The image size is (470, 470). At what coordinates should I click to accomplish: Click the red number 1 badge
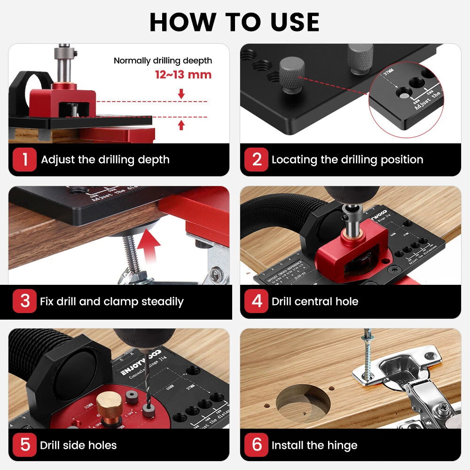pos(24,160)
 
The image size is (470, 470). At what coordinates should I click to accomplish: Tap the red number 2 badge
pos(257,160)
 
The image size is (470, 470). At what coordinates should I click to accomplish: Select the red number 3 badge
pos(24,301)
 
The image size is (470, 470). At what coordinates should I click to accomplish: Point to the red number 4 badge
pos(257,301)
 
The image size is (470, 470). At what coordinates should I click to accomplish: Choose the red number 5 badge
pos(24,445)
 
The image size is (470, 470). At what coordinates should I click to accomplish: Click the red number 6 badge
pos(257,445)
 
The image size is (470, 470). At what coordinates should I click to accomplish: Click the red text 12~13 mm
pos(183,75)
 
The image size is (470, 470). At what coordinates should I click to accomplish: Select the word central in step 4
pos(314,302)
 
